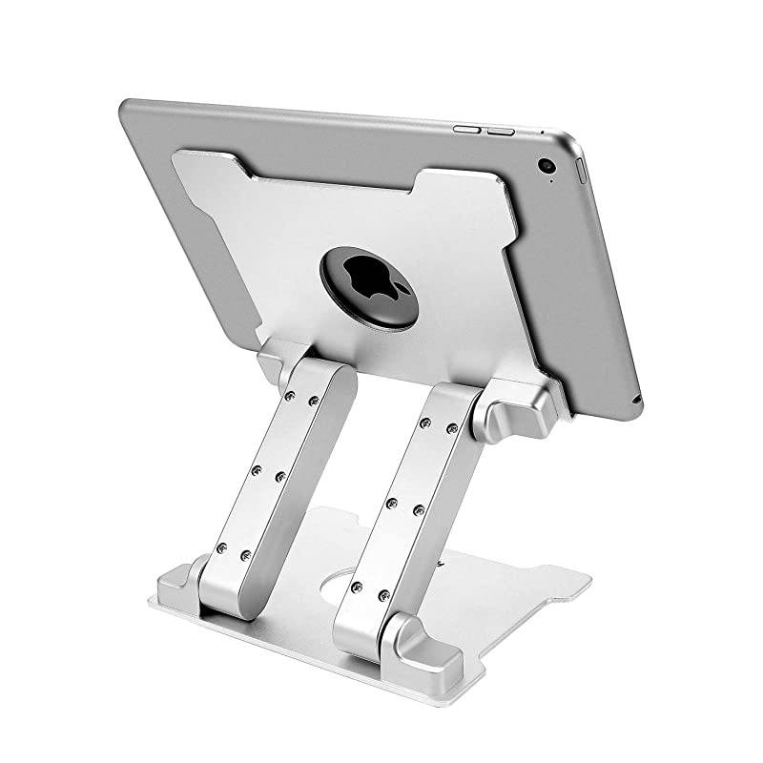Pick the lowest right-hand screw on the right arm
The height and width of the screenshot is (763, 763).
pos(384,596)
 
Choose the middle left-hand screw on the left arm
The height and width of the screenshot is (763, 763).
pos(256,469)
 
